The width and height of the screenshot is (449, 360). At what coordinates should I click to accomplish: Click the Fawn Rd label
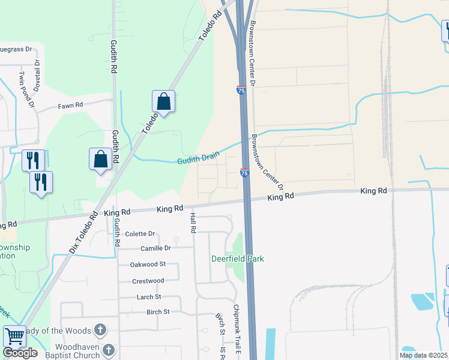pos(70,105)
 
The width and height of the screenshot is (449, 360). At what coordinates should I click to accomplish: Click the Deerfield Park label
pos(238,259)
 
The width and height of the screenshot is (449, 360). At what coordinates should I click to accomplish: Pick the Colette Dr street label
pos(140,233)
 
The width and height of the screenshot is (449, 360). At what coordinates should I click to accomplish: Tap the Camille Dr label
pos(155,248)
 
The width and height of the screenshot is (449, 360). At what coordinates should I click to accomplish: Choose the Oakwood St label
pos(148,264)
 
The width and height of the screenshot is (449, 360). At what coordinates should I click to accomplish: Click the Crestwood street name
pos(148,281)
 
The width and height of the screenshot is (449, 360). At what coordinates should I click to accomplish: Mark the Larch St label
pos(149,296)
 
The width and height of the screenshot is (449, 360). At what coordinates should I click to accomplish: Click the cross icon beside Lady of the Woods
pos(100,330)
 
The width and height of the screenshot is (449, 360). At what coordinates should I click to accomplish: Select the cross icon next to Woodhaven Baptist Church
pos(109,349)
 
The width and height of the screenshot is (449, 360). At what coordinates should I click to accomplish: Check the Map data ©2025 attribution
pos(423,355)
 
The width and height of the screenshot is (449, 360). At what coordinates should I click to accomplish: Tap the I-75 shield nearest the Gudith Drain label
pos(244,173)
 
